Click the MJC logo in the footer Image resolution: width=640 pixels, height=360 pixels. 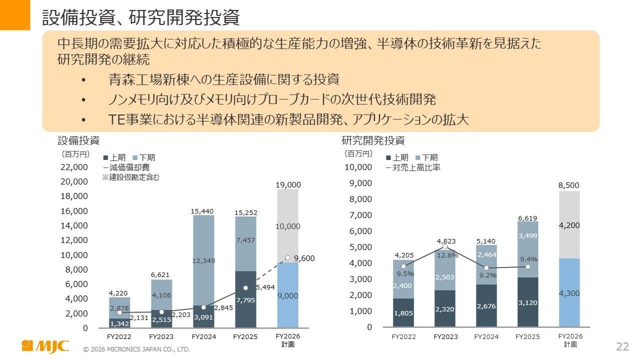[45, 346]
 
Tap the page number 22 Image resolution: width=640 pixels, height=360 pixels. [622, 346]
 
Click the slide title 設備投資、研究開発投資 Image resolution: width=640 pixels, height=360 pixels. [140, 18]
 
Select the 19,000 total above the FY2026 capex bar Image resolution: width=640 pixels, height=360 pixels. [287, 185]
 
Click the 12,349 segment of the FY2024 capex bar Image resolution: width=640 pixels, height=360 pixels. [203, 260]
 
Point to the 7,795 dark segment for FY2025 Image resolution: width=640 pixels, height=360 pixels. [245, 299]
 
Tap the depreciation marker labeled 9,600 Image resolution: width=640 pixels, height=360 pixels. [287, 258]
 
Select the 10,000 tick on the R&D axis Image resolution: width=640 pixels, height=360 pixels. [358, 167]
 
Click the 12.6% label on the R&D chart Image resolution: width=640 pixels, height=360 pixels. [445, 255]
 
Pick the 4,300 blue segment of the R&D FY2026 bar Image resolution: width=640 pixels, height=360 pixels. [569, 293]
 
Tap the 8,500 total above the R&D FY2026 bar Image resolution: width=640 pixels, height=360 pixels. [569, 185]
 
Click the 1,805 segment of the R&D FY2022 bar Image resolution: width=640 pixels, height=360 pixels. [403, 313]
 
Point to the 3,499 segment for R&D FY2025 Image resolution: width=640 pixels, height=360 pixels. [527, 235]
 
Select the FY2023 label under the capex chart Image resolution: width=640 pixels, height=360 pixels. [161, 337]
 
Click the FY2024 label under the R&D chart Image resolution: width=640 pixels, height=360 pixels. [486, 336]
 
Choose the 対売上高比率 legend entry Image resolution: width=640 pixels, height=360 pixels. [413, 167]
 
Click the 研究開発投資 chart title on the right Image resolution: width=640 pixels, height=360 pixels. [373, 140]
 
